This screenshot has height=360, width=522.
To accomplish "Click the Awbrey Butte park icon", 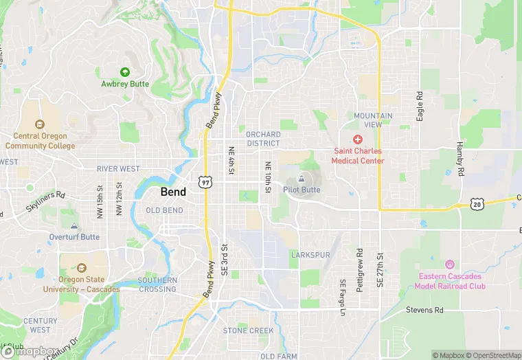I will pyautogui.click(x=125, y=71).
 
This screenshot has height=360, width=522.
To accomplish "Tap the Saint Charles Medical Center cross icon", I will pyautogui.click(x=358, y=139).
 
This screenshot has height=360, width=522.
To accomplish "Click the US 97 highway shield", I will pyautogui.click(x=204, y=181).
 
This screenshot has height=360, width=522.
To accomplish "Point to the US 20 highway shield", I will pyautogui.click(x=478, y=203).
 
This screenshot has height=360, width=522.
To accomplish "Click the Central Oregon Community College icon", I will pyautogui.click(x=39, y=124).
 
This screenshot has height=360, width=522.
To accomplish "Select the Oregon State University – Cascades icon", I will pyautogui.click(x=81, y=268).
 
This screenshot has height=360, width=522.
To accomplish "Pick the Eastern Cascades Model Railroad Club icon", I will pyautogui.click(x=451, y=265).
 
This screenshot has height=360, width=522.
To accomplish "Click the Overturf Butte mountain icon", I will pyautogui.click(x=74, y=226).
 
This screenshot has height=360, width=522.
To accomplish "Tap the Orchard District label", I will pyautogui.click(x=262, y=139).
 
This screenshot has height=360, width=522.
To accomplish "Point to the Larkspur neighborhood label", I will pyautogui.click(x=310, y=255).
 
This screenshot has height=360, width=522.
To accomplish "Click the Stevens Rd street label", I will pyautogui.click(x=424, y=311).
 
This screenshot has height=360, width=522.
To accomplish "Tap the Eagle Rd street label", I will pyautogui.click(x=420, y=106).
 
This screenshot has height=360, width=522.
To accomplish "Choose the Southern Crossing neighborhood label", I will pyautogui.click(x=157, y=284).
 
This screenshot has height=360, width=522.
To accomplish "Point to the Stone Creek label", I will pyautogui.click(x=248, y=331).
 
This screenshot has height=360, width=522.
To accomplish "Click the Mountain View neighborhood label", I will pyautogui.click(x=374, y=120).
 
